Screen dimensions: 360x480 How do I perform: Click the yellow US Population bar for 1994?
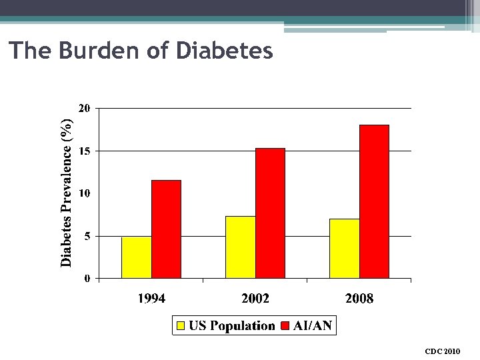[136, 257]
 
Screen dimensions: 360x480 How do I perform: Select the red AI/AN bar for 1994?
[166, 229]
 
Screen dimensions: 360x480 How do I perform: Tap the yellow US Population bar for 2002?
[240, 247]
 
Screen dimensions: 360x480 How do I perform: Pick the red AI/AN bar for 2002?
[270, 213]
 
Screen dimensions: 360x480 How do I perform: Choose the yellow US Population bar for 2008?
[344, 248]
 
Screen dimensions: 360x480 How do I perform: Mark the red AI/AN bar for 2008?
[374, 201]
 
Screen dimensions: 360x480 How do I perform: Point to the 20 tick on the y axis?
[85, 108]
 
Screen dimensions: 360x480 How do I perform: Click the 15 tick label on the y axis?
[85, 151]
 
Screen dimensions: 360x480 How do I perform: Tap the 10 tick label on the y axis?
[85, 193]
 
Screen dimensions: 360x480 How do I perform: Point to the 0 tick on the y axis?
[87, 279]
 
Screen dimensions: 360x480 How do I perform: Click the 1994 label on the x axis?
[151, 299]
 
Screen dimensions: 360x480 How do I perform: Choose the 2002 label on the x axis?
[255, 299]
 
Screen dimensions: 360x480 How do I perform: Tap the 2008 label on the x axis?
[359, 299]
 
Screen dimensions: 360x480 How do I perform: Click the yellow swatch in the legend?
[181, 326]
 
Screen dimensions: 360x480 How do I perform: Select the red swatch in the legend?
[284, 326]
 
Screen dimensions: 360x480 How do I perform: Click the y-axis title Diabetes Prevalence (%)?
[67, 193]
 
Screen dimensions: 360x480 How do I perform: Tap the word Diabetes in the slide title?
[225, 51]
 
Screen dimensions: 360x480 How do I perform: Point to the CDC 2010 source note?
[442, 351]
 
